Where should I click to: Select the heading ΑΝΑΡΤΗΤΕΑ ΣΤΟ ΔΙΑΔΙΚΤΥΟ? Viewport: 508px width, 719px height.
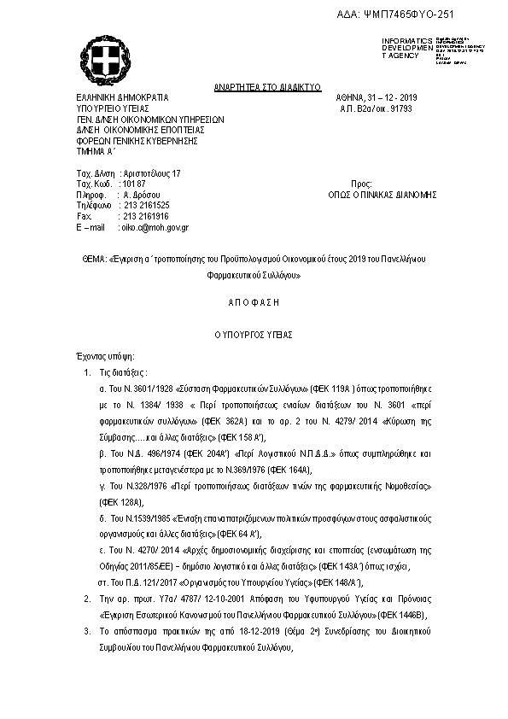pos(266,88)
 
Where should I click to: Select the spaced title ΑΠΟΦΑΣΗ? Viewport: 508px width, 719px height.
pos(254,302)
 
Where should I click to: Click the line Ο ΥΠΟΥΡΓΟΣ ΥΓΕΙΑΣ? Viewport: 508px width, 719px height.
pos(254,334)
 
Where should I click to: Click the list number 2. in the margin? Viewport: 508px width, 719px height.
pos(88,615)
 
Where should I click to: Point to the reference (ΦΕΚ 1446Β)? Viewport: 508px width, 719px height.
pos(399,615)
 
